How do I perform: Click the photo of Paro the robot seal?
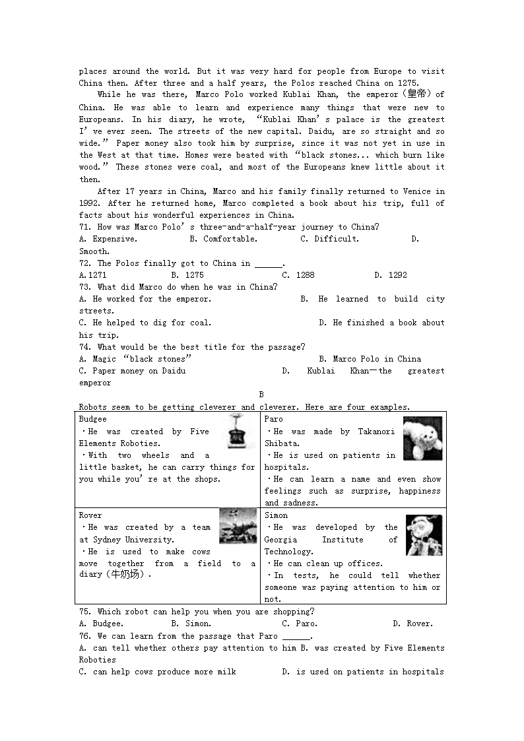click(422, 438)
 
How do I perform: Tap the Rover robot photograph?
click(238, 525)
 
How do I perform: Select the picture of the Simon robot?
click(424, 535)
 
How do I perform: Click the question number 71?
click(85, 227)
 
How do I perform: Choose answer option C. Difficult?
click(330, 239)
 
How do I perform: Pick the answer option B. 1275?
click(187, 275)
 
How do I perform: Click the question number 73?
click(85, 287)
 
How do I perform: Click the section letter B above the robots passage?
click(261, 395)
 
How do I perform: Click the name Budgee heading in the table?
click(92, 419)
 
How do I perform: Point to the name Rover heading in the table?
click(90, 515)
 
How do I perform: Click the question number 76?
click(85, 636)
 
